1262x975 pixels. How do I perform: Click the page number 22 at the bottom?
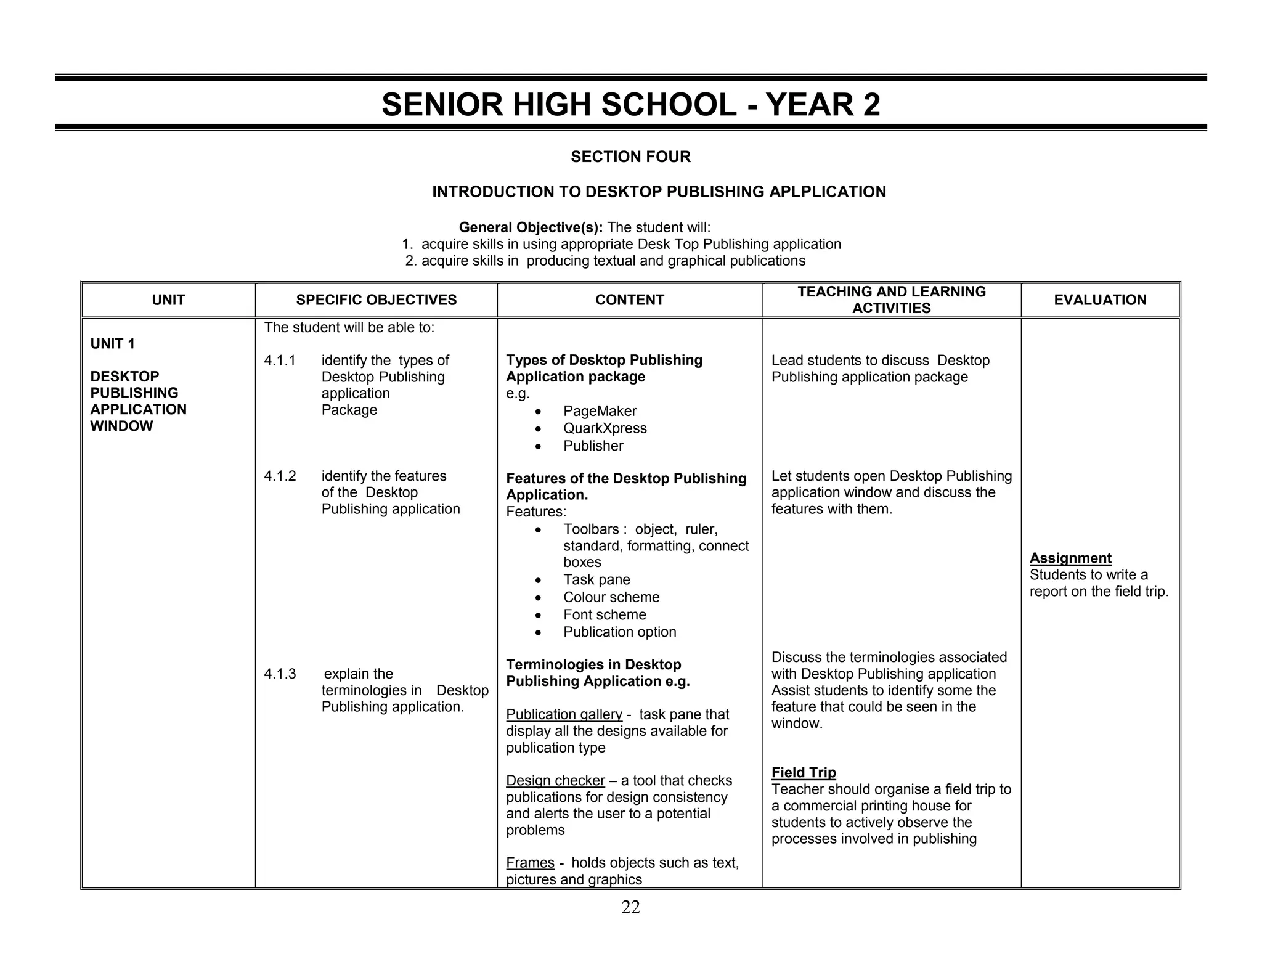point(630,907)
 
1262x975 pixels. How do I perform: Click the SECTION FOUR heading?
point(630,157)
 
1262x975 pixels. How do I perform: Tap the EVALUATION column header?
point(1100,300)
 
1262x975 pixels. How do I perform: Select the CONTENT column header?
point(630,300)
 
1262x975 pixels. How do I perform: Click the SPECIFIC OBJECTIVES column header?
point(376,300)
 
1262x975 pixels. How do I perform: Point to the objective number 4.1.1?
point(280,361)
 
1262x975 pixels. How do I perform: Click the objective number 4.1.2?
point(280,476)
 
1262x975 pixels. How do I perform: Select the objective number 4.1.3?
point(280,674)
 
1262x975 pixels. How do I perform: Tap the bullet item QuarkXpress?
point(605,428)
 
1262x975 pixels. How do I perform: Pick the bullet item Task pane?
point(596,580)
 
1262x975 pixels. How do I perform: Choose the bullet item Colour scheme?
point(611,597)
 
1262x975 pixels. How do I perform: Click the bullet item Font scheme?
point(605,614)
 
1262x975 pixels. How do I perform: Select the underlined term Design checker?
point(555,781)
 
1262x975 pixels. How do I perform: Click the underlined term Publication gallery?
point(564,715)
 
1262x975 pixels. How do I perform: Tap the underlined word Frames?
point(530,863)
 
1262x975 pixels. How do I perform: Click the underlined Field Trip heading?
point(804,773)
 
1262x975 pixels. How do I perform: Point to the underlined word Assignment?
point(1070,558)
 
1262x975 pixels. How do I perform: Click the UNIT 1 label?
point(112,344)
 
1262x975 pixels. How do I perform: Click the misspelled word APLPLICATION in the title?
point(828,192)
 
